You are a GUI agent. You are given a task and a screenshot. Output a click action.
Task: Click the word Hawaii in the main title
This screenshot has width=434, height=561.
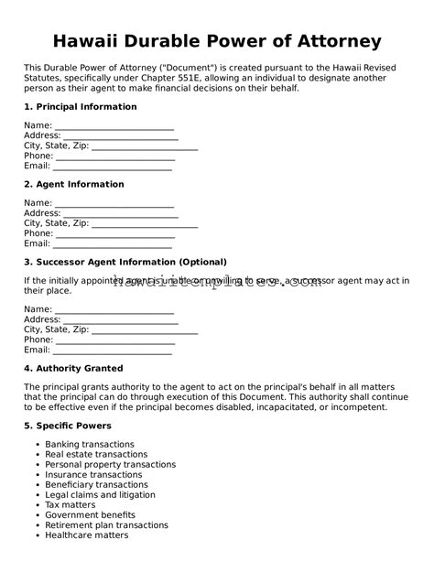(90, 41)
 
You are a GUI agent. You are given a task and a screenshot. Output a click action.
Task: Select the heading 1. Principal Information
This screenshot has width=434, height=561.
(80, 107)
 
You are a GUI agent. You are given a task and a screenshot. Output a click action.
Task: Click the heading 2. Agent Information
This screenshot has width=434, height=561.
(73, 185)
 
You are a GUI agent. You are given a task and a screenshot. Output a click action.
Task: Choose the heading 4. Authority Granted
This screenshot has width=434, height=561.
(73, 369)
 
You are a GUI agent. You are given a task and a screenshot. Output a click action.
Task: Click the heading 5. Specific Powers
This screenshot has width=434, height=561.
(68, 426)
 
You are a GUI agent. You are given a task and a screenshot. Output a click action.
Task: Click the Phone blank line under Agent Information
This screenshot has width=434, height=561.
(114, 234)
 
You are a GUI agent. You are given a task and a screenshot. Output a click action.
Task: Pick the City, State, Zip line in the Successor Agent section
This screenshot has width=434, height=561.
(145, 329)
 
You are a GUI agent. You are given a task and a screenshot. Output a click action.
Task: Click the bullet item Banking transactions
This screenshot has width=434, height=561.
(90, 445)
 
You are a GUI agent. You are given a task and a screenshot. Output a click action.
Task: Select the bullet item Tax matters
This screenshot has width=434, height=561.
(70, 505)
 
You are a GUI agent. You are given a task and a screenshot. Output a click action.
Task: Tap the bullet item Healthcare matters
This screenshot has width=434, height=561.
(87, 535)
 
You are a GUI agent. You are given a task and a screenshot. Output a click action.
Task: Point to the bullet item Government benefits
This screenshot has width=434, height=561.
(90, 515)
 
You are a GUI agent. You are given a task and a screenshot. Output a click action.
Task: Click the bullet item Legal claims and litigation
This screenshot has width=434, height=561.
(101, 495)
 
